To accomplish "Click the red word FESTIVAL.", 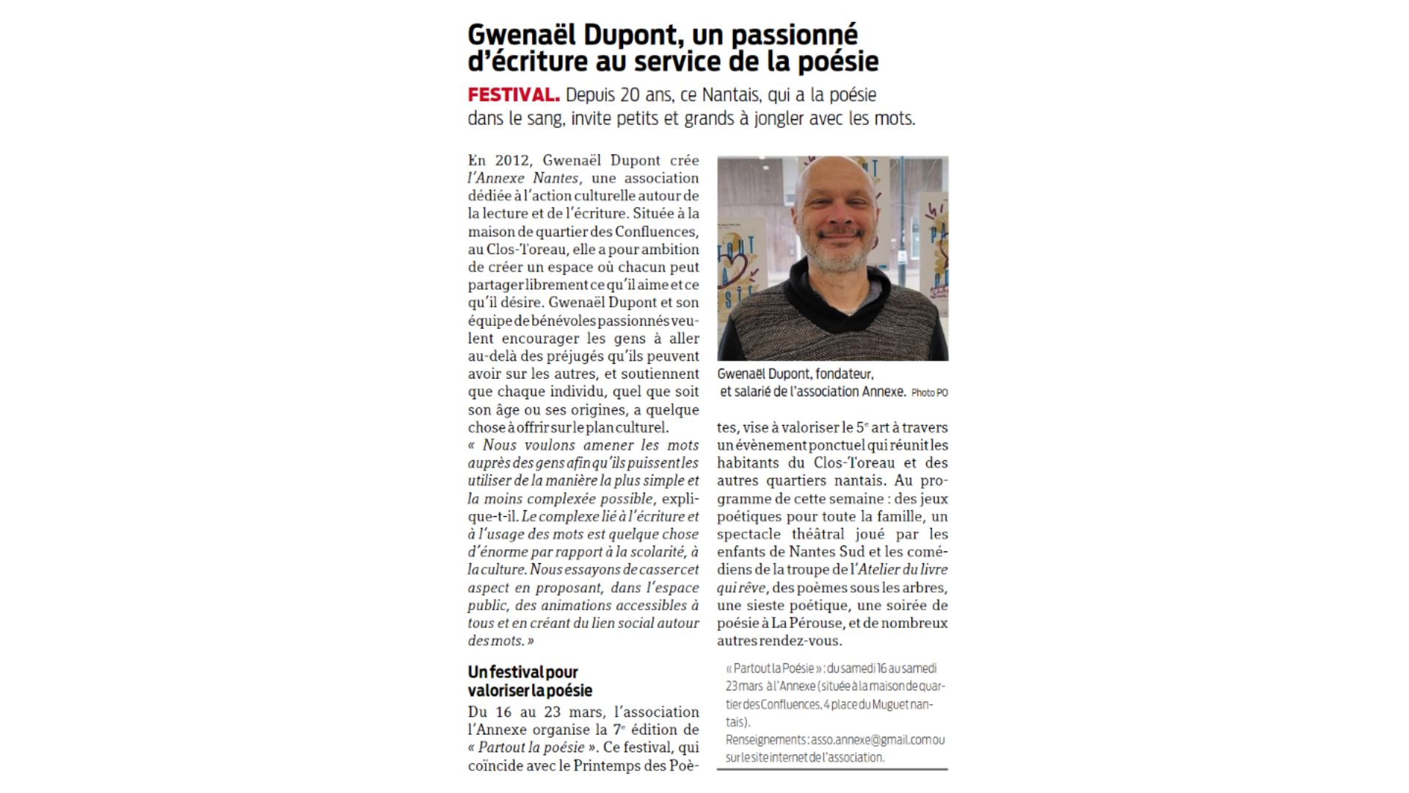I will pyautogui.click(x=513, y=95).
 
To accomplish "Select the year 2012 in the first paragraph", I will pyautogui.click(x=512, y=160).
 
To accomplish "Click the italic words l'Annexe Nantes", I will pyautogui.click(x=523, y=178).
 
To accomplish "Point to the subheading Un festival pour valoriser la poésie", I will pyautogui.click(x=530, y=681).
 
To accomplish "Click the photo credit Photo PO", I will pyautogui.click(x=929, y=393).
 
